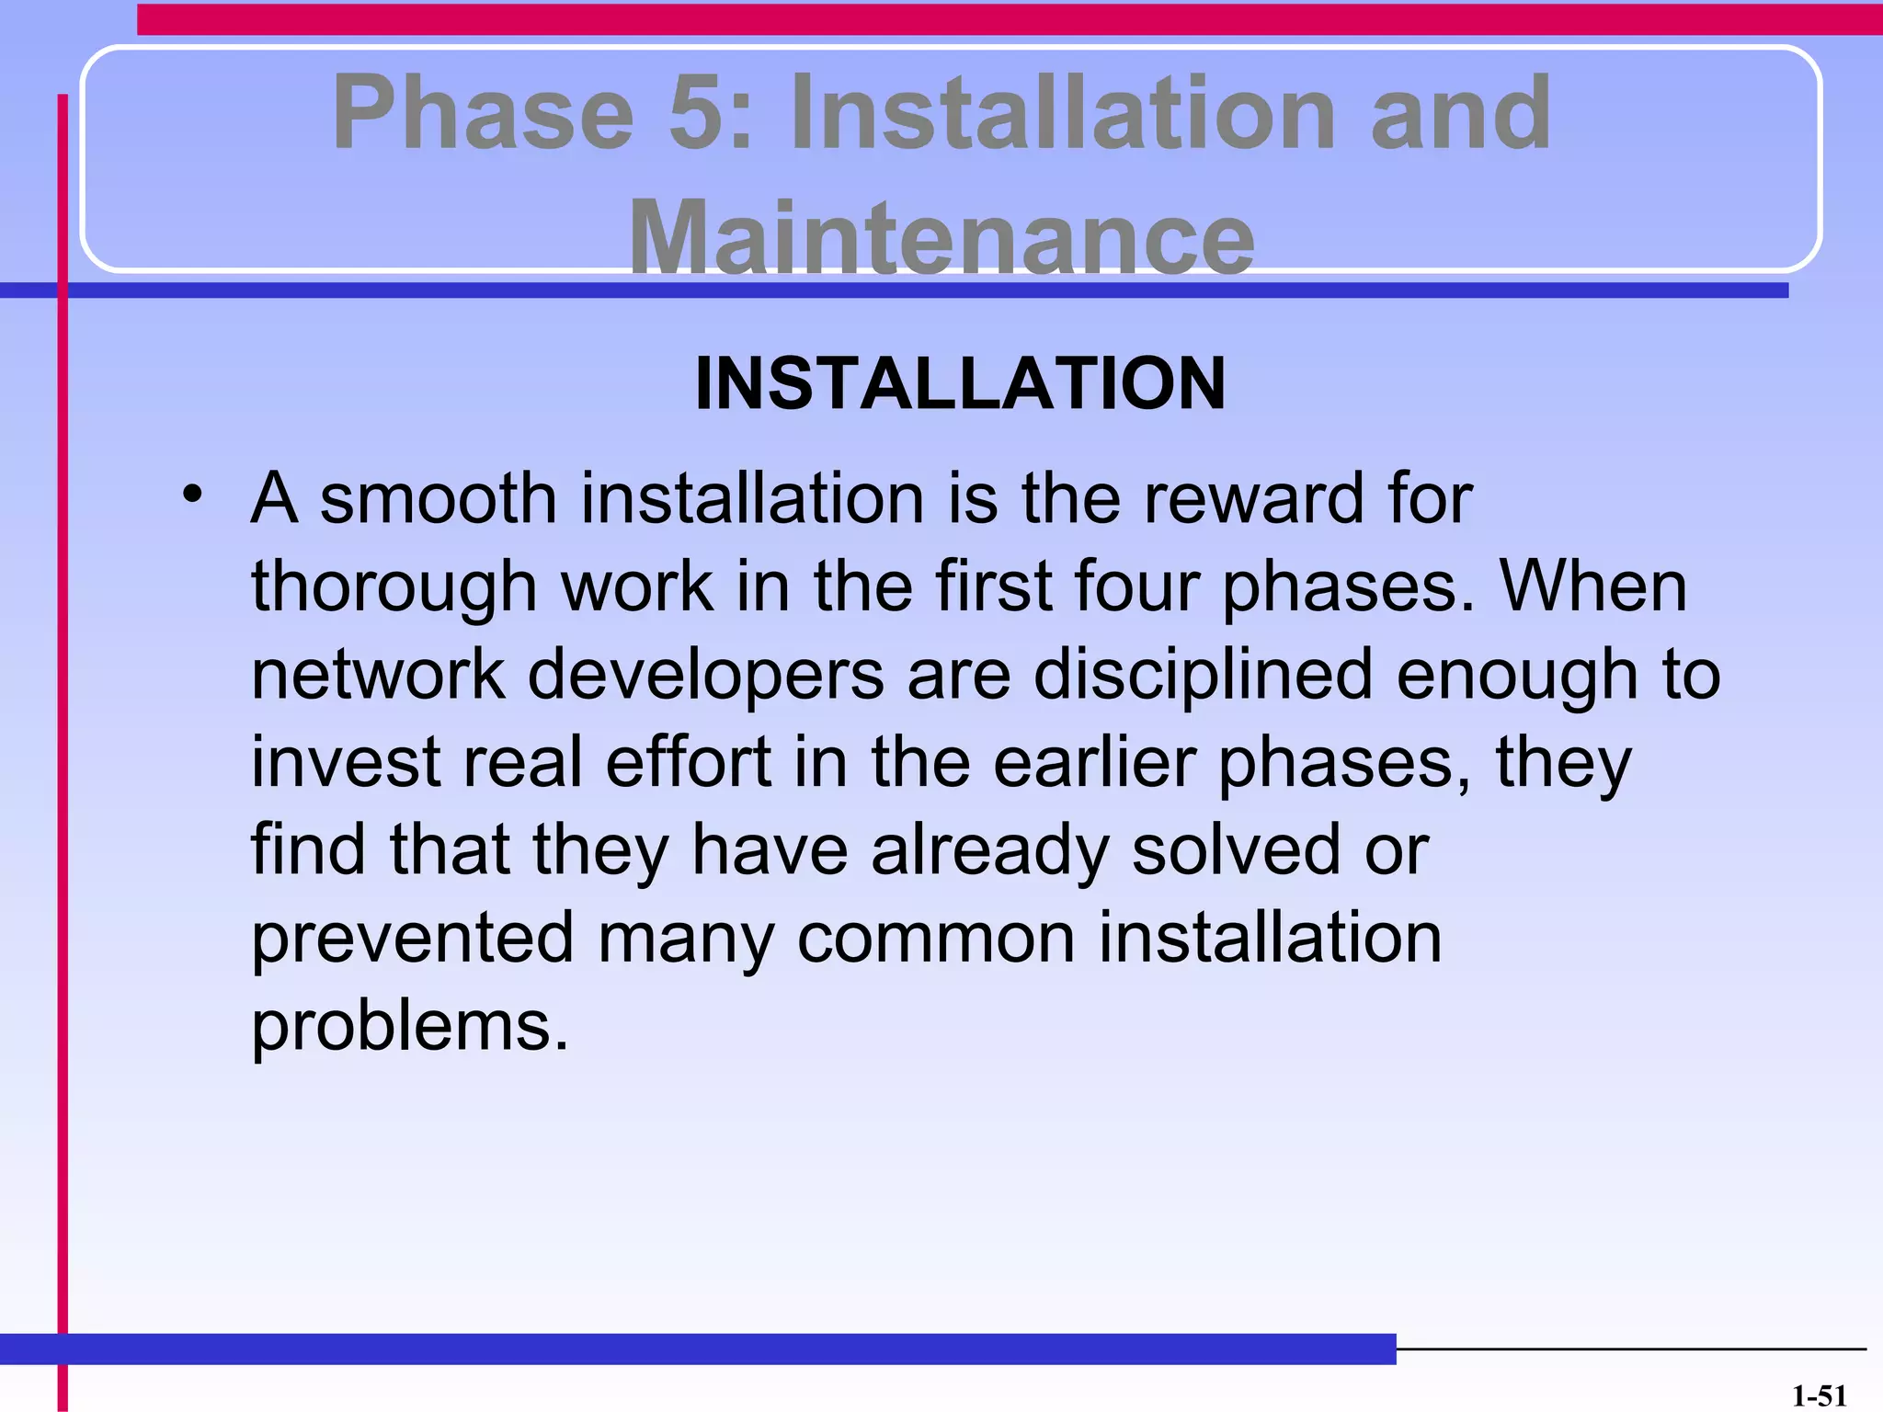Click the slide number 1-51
click(1819, 1396)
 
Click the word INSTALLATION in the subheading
click(960, 383)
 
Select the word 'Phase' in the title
click(484, 113)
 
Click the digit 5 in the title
click(704, 113)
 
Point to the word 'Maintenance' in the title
click(941, 237)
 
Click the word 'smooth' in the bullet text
click(438, 499)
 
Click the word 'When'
click(1593, 586)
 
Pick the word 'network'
click(378, 674)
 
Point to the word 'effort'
click(688, 762)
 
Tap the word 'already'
click(989, 851)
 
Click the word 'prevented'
click(412, 939)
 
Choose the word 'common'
click(935, 939)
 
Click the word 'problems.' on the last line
click(410, 1027)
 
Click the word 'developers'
click(705, 676)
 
